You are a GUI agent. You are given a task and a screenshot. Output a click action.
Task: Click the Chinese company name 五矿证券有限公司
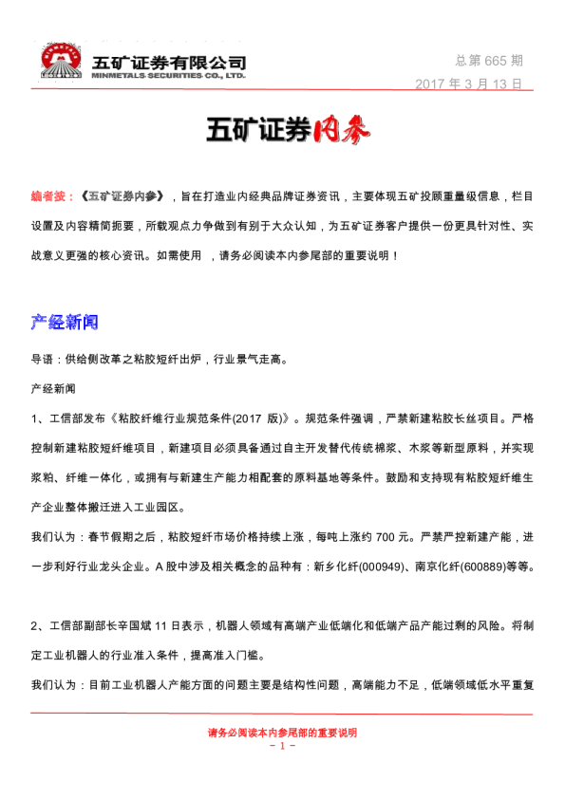(169, 61)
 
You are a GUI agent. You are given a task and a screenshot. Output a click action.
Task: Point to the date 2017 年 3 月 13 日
(469, 84)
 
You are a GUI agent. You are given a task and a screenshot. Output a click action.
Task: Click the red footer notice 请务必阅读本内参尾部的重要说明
(282, 733)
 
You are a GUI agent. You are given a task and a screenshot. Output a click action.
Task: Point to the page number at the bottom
(282, 746)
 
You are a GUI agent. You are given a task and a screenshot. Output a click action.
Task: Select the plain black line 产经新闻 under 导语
(53, 389)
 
